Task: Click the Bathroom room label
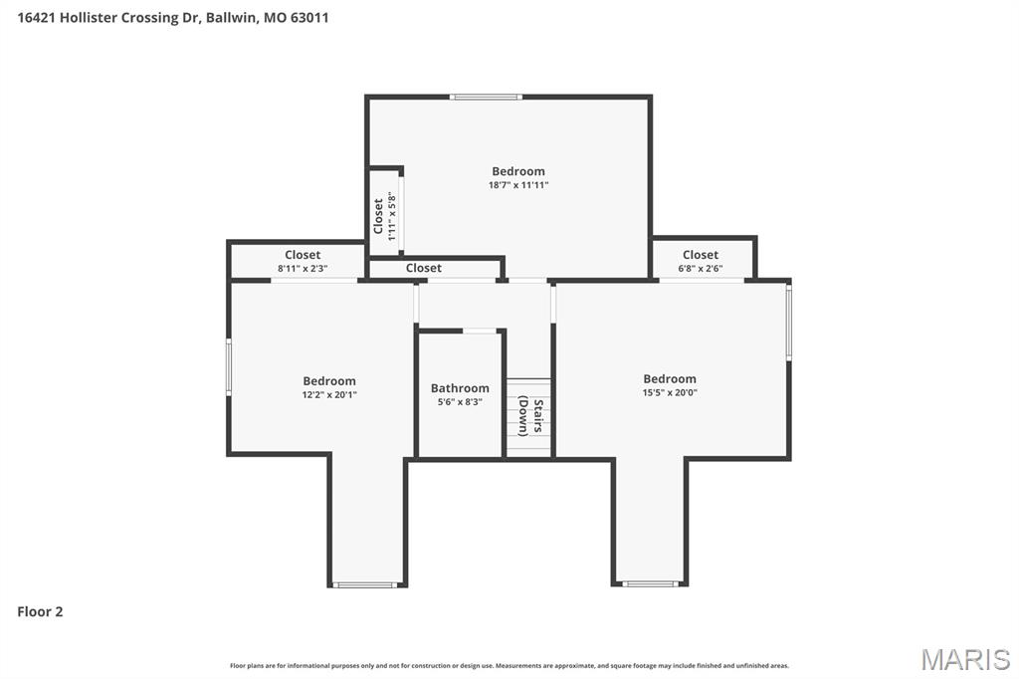(x=460, y=388)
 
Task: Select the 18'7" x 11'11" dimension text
(x=518, y=185)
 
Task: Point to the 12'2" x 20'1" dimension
(x=329, y=394)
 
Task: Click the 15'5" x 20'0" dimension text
(x=670, y=392)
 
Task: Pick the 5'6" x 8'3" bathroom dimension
(x=460, y=402)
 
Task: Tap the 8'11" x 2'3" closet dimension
(x=303, y=269)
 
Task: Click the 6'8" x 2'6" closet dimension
(x=701, y=269)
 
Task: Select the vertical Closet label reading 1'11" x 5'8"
(x=385, y=216)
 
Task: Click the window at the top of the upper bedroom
(x=486, y=97)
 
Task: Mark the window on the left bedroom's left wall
(x=229, y=365)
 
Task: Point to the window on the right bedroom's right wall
(x=789, y=322)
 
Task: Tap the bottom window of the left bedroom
(x=366, y=584)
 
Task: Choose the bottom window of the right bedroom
(x=650, y=583)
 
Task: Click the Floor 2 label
(x=40, y=612)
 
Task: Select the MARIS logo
(x=965, y=659)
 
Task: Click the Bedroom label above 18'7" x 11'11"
(x=518, y=171)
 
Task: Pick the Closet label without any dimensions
(x=424, y=268)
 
